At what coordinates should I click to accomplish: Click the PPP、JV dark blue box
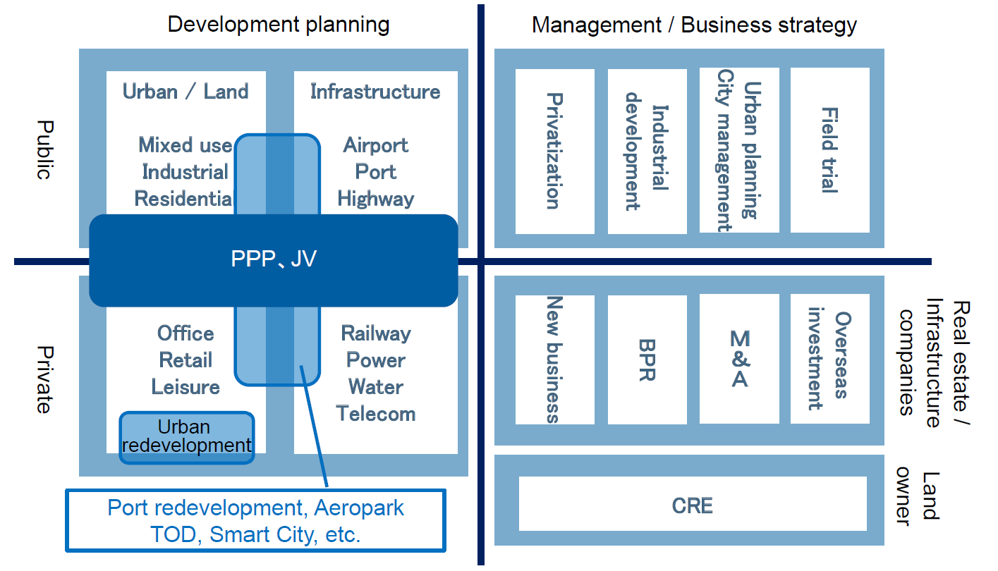click(x=274, y=260)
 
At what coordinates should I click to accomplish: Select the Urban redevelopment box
click(x=186, y=437)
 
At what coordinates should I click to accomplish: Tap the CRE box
click(x=693, y=504)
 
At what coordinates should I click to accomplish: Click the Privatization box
click(x=554, y=151)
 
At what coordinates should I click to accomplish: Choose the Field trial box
click(x=829, y=150)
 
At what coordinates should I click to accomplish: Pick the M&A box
click(x=739, y=359)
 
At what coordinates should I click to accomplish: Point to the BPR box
click(x=647, y=359)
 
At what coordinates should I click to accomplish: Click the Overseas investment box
click(x=829, y=359)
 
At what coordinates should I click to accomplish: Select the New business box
click(x=554, y=359)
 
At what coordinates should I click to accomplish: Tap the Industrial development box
click(x=647, y=151)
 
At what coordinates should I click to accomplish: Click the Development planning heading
click(x=279, y=25)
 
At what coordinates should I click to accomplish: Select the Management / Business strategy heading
click(x=694, y=25)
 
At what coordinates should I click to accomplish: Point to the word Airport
click(x=376, y=145)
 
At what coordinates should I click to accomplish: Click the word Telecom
click(x=376, y=414)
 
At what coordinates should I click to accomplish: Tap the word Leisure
click(x=185, y=387)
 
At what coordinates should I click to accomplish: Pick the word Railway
click(x=376, y=333)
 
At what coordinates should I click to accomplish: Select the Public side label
click(x=44, y=150)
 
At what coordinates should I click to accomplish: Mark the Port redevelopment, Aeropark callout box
click(x=256, y=520)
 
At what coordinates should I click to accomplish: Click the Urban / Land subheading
click(x=185, y=92)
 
